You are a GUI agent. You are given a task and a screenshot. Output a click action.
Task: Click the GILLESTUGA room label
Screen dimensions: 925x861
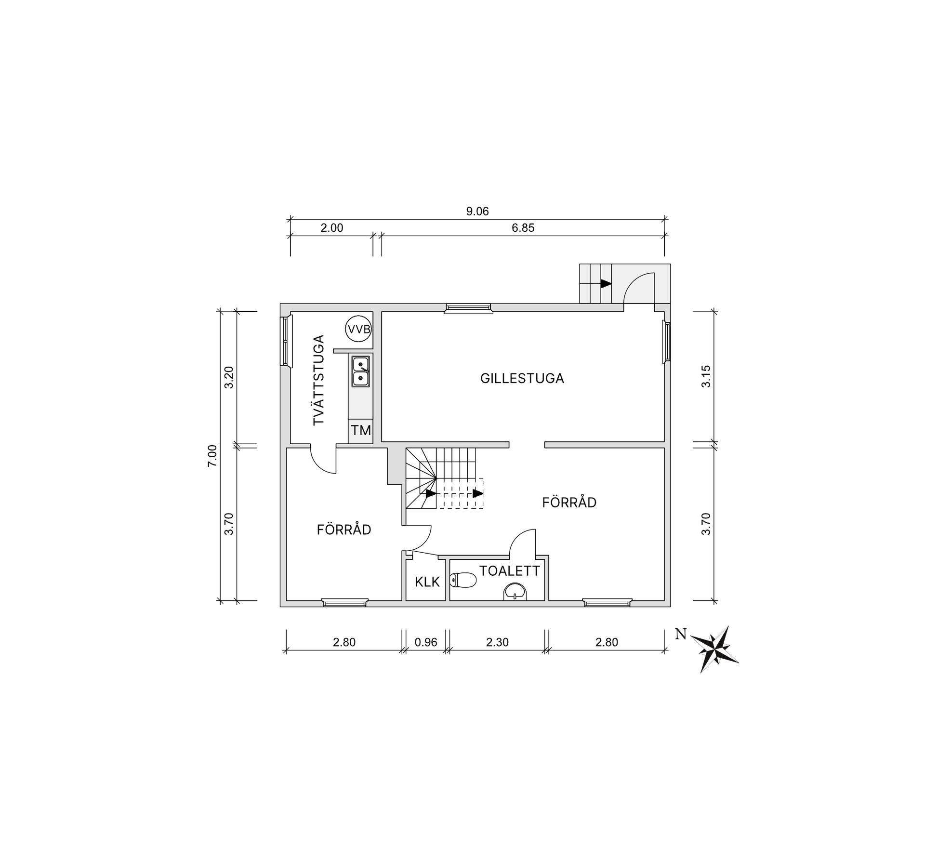coord(522,378)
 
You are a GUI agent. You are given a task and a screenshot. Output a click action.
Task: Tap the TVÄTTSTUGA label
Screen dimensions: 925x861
coord(319,380)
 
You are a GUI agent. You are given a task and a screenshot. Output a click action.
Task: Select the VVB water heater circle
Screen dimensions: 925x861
coord(359,330)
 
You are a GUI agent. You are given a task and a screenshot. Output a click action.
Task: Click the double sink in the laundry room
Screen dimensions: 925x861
coord(360,371)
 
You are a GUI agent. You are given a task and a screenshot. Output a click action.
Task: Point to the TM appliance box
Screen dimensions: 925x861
coord(361,430)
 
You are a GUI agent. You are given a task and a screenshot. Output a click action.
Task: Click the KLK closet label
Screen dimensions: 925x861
coord(427,582)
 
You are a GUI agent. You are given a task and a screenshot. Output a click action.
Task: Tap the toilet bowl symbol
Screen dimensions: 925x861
coord(463,580)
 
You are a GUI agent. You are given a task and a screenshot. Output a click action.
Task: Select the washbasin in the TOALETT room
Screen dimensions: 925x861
coord(515,592)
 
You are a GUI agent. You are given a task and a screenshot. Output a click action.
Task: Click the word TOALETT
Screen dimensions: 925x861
coord(510,571)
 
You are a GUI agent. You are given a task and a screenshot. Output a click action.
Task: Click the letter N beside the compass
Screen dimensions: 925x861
coord(681,635)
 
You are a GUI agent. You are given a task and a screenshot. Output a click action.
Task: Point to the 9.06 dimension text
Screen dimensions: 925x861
coord(477,212)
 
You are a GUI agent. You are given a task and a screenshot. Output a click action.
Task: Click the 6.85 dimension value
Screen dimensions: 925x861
coord(523,228)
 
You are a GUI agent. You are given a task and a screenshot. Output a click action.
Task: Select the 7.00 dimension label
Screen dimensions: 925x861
coord(213,456)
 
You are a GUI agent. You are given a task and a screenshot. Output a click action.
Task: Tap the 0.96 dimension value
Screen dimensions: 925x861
coord(426,642)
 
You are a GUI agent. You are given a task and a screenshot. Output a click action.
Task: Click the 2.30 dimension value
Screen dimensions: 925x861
coord(498,642)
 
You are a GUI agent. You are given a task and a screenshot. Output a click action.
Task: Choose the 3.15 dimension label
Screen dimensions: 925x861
coord(706,377)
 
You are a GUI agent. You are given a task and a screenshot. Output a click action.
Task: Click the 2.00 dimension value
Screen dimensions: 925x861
coord(332,228)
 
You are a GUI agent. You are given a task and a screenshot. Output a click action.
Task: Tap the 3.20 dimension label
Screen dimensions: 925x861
coord(229,378)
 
